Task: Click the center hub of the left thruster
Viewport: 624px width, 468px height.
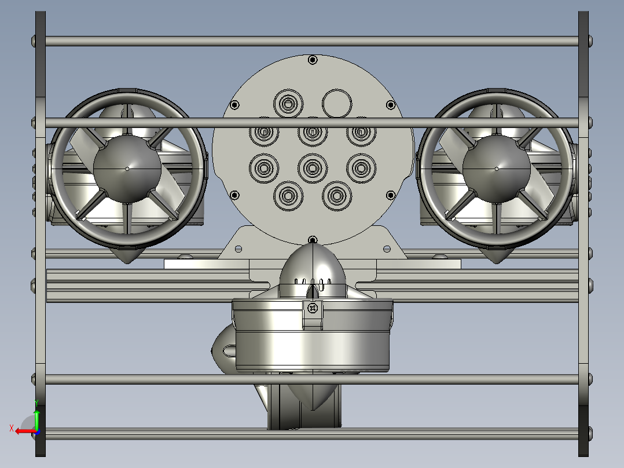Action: [x=127, y=169]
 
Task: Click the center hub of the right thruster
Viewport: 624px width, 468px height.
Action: [x=497, y=169]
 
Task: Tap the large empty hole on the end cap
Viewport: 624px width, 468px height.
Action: [x=336, y=103]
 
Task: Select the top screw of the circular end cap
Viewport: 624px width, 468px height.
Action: [x=313, y=60]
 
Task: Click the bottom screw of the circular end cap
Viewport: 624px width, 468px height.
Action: [x=313, y=239]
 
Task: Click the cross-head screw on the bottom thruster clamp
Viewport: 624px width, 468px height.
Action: [x=313, y=308]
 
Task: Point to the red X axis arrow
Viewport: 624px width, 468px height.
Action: [x=22, y=431]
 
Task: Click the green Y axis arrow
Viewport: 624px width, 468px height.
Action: [x=36, y=416]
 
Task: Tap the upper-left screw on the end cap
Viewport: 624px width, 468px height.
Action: [x=234, y=105]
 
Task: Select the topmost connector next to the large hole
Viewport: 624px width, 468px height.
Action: [x=288, y=104]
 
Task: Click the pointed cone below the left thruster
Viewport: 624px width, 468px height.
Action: [x=127, y=255]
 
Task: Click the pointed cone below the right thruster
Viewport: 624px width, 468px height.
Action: [x=496, y=255]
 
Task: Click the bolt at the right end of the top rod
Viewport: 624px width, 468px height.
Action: [x=589, y=41]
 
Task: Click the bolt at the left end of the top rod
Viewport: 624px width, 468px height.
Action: [x=34, y=41]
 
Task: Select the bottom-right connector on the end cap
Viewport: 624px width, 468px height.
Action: [x=337, y=196]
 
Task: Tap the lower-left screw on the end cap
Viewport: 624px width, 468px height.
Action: [x=234, y=195]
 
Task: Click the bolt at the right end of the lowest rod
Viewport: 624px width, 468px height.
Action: [x=589, y=432]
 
